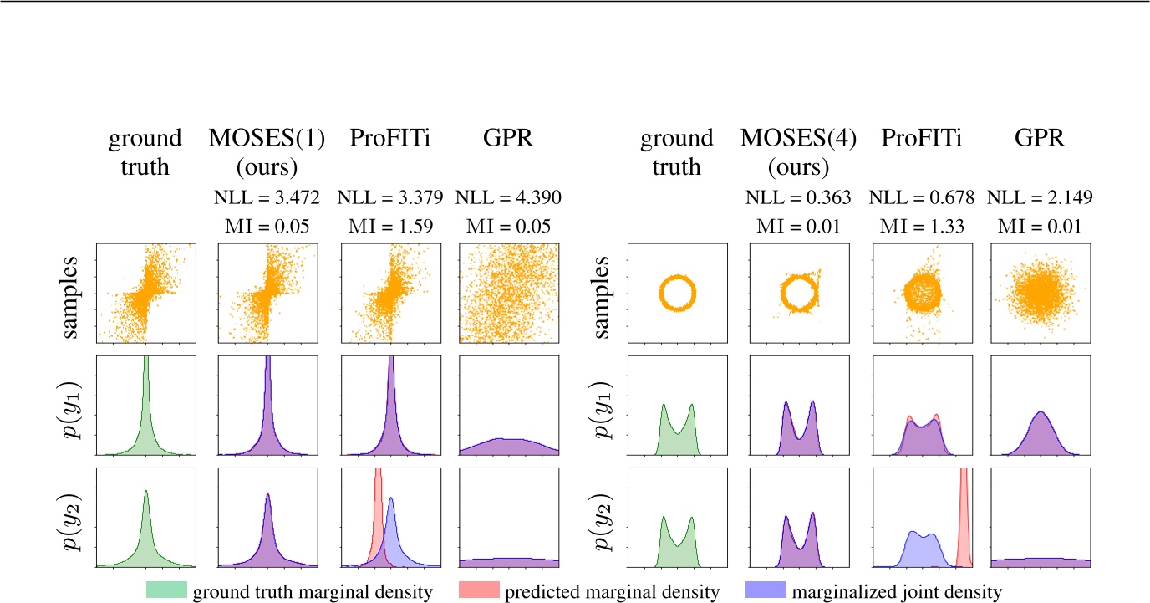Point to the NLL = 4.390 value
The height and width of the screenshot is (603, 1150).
point(509,197)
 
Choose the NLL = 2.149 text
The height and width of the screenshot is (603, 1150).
point(1041,197)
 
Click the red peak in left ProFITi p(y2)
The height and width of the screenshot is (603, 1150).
point(378,502)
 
